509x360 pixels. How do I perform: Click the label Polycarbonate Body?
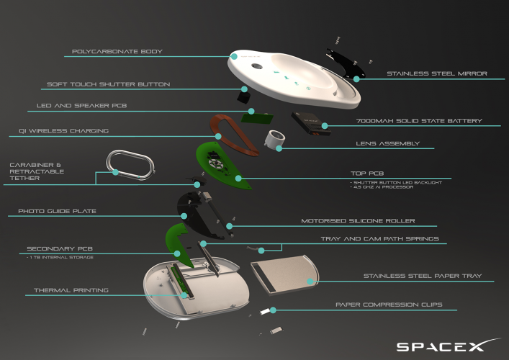coord(117,52)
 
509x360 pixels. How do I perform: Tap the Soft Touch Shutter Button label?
coord(108,84)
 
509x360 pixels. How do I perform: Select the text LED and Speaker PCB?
coord(83,105)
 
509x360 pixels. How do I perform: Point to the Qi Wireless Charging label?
coord(63,131)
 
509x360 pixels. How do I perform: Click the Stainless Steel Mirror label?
coord(437,73)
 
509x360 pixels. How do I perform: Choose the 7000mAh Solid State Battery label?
coord(418,121)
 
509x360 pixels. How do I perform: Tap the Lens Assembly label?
coord(387,144)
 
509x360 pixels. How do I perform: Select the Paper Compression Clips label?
coord(388,305)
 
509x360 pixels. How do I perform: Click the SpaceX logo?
coord(440,346)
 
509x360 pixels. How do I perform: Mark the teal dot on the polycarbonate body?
coord(234,55)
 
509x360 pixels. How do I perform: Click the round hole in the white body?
coord(258,67)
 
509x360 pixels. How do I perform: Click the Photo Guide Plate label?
coord(62,212)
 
